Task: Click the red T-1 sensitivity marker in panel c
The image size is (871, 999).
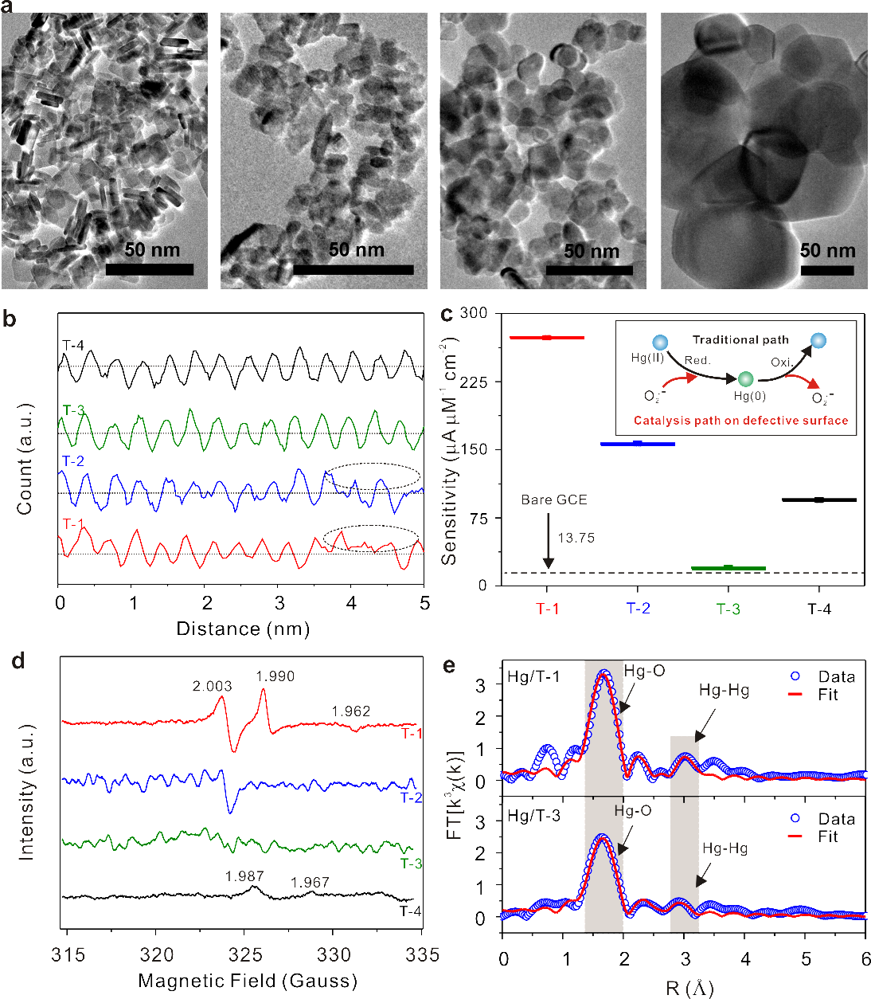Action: (547, 338)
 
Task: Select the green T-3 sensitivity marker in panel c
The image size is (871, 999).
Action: (728, 568)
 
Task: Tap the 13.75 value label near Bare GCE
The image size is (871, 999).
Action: (576, 538)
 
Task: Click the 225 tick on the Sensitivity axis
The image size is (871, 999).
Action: (474, 382)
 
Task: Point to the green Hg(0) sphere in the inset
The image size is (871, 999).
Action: (745, 379)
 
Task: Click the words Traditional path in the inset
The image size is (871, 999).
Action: (740, 339)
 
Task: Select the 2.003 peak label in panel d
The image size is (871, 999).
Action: (212, 686)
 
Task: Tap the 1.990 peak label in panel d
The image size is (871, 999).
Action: (275, 676)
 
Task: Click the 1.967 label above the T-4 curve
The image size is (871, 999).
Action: (310, 882)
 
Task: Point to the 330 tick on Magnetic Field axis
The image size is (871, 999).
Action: (334, 954)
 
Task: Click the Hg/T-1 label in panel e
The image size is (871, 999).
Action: (533, 677)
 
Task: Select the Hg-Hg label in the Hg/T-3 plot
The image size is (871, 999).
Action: (725, 848)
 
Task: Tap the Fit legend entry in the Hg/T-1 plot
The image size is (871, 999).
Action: (827, 695)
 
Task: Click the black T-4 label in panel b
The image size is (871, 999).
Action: (72, 345)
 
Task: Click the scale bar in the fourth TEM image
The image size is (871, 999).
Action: (827, 271)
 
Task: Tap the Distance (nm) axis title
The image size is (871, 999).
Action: (242, 629)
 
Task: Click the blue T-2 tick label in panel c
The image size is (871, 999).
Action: (638, 609)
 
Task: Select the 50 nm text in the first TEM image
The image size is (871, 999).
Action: (151, 250)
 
